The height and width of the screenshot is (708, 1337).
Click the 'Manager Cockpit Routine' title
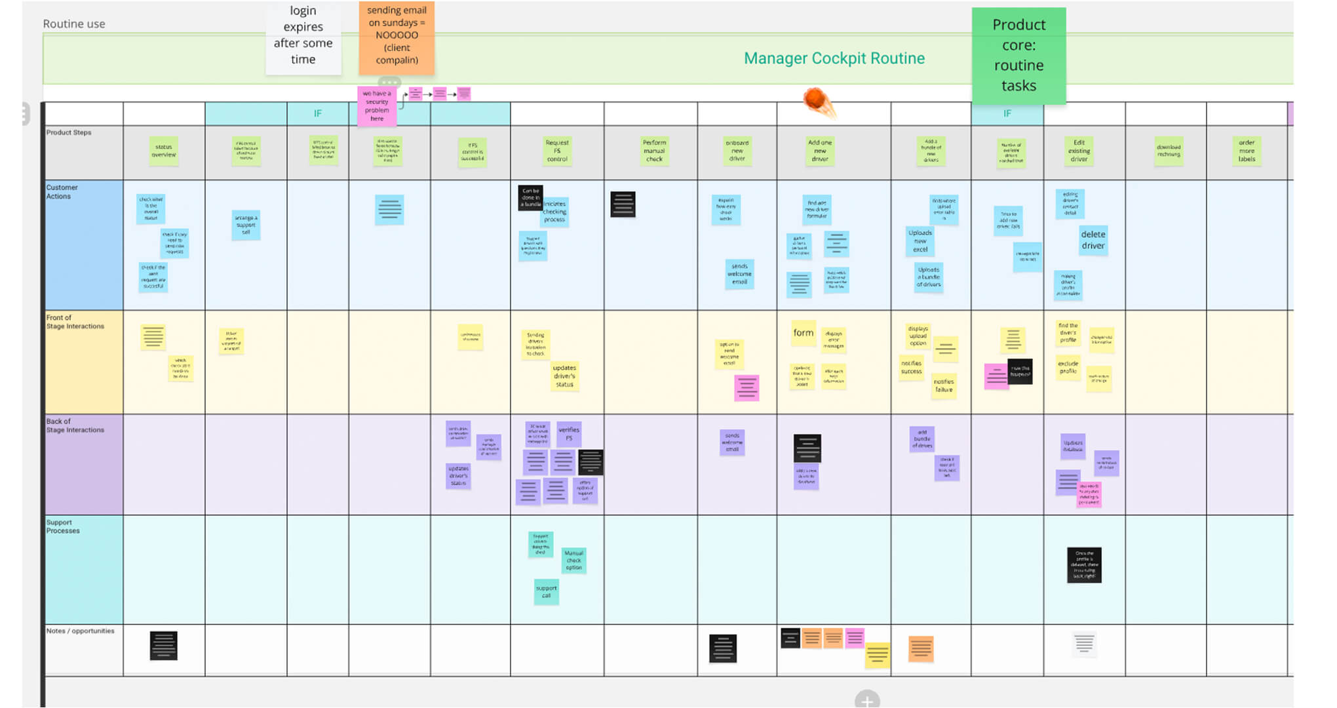(834, 58)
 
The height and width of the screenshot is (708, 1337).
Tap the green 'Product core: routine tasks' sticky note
(1018, 56)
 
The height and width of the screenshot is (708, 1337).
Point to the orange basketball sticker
(817, 100)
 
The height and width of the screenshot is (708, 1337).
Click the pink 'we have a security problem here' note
(377, 106)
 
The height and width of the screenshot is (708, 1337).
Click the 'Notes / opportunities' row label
(81, 631)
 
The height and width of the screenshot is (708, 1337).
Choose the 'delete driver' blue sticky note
(1093, 240)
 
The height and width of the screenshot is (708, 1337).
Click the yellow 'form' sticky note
(804, 333)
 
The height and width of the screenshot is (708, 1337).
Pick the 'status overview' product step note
(164, 151)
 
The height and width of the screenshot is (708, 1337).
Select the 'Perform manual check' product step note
(654, 151)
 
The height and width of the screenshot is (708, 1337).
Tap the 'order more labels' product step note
(1247, 151)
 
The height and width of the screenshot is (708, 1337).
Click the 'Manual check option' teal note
(574, 560)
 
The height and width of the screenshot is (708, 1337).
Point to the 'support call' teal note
(546, 591)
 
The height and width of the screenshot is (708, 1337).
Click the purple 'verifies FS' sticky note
(569, 433)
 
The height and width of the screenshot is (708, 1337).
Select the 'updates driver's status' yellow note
(564, 376)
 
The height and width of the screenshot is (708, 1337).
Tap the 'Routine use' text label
(74, 24)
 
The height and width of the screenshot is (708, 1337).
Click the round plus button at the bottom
(866, 700)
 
